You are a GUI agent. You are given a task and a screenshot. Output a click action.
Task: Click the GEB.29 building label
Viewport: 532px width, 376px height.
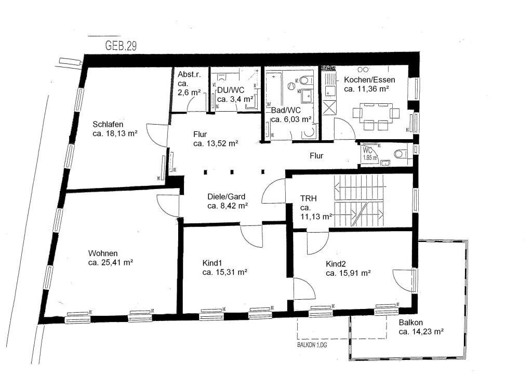(x=122, y=45)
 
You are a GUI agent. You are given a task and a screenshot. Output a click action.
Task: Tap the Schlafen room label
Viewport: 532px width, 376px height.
(x=108, y=124)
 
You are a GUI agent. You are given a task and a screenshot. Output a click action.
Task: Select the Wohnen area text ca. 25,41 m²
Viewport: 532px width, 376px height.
(x=111, y=262)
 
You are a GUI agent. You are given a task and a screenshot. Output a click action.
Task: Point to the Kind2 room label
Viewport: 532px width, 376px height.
(x=336, y=263)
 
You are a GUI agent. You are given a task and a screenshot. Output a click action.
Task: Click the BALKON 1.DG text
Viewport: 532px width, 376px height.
(x=313, y=343)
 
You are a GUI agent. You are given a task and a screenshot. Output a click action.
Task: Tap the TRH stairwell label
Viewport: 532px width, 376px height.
(x=309, y=198)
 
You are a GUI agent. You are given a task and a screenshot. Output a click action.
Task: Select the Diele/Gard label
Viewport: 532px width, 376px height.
(x=226, y=197)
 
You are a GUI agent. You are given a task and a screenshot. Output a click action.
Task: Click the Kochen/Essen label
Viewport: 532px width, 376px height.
(x=369, y=80)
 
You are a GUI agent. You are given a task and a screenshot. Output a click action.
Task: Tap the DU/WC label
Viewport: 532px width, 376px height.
(x=227, y=90)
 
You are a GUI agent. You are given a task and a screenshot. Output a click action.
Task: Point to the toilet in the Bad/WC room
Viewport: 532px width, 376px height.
(x=305, y=80)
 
